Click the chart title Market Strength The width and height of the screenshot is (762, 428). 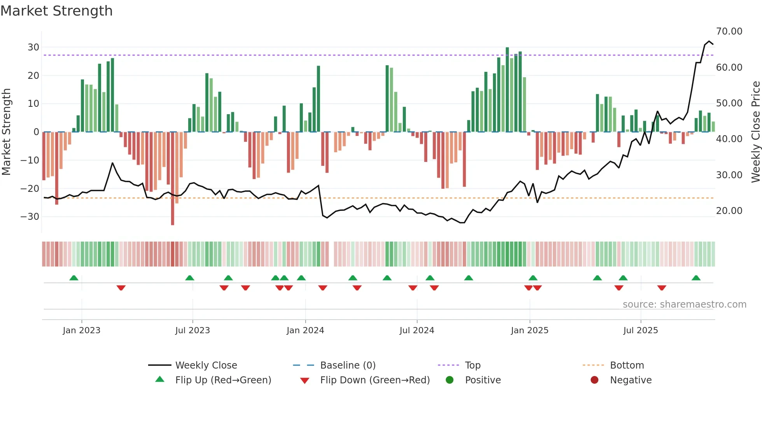(x=56, y=11)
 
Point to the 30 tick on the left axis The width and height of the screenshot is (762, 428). (x=33, y=47)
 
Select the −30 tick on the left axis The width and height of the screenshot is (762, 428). (x=30, y=217)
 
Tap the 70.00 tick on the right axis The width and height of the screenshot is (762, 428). (x=729, y=31)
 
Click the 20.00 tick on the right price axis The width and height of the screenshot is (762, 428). (x=729, y=211)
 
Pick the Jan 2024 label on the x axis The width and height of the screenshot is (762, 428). (x=305, y=331)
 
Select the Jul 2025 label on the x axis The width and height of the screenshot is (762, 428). (x=640, y=331)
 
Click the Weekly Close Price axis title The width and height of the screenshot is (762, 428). (x=755, y=132)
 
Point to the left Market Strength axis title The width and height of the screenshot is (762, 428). (x=7, y=132)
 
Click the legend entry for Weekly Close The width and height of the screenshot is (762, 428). (x=206, y=365)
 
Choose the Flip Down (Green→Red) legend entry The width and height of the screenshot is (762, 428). (x=374, y=380)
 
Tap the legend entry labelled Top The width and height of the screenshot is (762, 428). (x=472, y=365)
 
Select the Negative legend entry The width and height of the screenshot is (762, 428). (x=630, y=380)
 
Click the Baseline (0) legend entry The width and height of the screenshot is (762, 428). (x=348, y=365)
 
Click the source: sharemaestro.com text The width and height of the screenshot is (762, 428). (x=684, y=304)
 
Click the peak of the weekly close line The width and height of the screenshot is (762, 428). (x=709, y=41)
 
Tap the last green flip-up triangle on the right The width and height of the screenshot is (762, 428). (x=696, y=278)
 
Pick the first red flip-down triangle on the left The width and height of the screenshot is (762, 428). (x=121, y=288)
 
